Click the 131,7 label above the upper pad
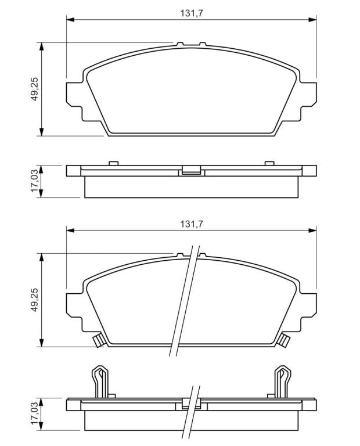coord(192,13)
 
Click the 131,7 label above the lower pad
coord(192,224)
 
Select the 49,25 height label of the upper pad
coord(34,89)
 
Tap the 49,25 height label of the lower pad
coord(34,300)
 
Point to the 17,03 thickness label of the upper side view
coord(34,181)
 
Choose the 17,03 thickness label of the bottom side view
coord(34,413)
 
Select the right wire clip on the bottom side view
coord(282,382)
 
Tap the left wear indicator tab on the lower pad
coord(99,340)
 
